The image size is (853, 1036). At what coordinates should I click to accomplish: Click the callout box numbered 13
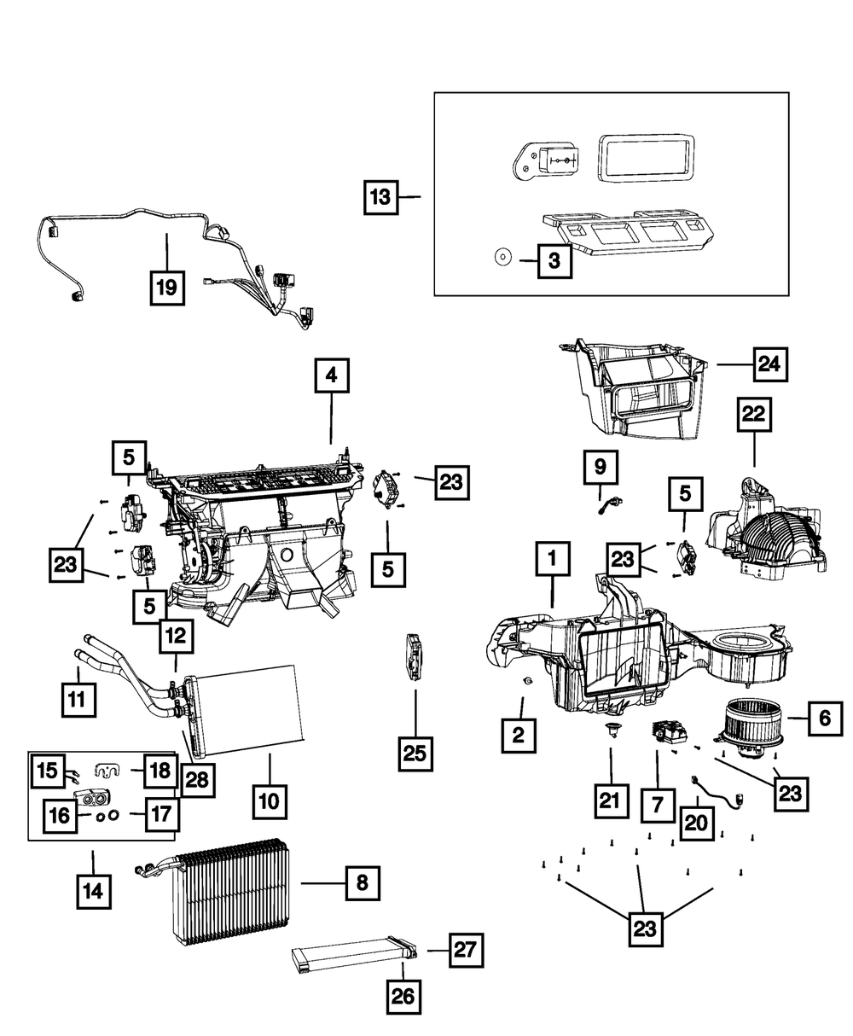pyautogui.click(x=381, y=197)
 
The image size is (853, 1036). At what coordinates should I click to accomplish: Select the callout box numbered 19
pyautogui.click(x=168, y=288)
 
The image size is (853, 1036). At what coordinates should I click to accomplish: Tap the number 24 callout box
pyautogui.click(x=770, y=364)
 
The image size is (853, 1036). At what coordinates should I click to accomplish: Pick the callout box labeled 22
pyautogui.click(x=754, y=414)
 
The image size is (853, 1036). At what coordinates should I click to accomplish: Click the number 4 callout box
pyautogui.click(x=332, y=375)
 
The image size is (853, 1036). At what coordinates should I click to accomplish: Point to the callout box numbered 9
pyautogui.click(x=601, y=467)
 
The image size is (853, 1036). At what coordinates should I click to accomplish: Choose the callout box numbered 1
pyautogui.click(x=553, y=559)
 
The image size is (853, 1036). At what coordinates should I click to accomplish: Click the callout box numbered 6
pyautogui.click(x=825, y=719)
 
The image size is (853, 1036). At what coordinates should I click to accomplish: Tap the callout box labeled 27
pyautogui.click(x=467, y=950)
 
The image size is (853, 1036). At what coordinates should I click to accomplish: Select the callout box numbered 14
pyautogui.click(x=94, y=892)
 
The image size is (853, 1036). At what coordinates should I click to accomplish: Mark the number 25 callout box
pyautogui.click(x=415, y=754)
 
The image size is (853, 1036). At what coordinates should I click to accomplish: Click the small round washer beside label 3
pyautogui.click(x=503, y=258)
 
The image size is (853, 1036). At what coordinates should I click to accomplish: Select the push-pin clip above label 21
pyautogui.click(x=611, y=730)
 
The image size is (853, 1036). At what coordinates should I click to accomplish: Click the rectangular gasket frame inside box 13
pyautogui.click(x=646, y=159)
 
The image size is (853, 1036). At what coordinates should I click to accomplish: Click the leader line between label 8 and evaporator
pyautogui.click(x=322, y=883)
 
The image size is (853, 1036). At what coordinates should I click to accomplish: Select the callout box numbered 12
pyautogui.click(x=177, y=636)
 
